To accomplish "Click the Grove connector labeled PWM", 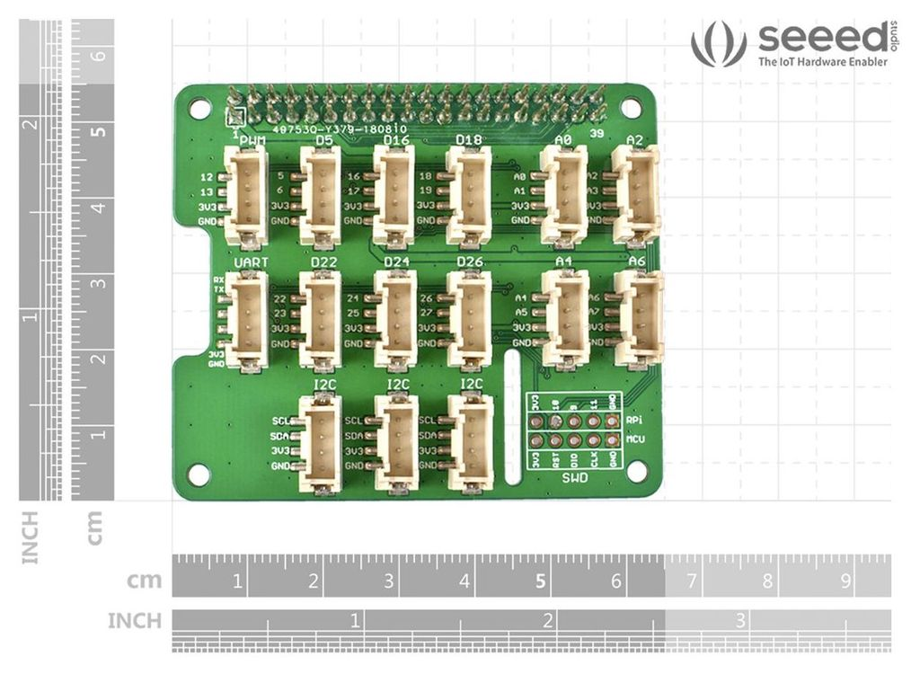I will (x=246, y=196).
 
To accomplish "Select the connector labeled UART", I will (x=246, y=321).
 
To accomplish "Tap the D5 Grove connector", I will (x=320, y=196).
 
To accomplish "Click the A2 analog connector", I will (x=636, y=194).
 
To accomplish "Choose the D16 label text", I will (x=396, y=140).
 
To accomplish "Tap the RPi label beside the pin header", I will (x=634, y=421).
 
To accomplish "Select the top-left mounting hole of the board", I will (x=199, y=109).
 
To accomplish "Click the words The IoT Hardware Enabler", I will (x=822, y=62).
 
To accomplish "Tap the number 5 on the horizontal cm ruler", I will (x=540, y=581).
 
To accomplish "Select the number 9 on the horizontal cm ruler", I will (x=845, y=581).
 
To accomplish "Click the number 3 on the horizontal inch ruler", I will (x=739, y=620).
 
